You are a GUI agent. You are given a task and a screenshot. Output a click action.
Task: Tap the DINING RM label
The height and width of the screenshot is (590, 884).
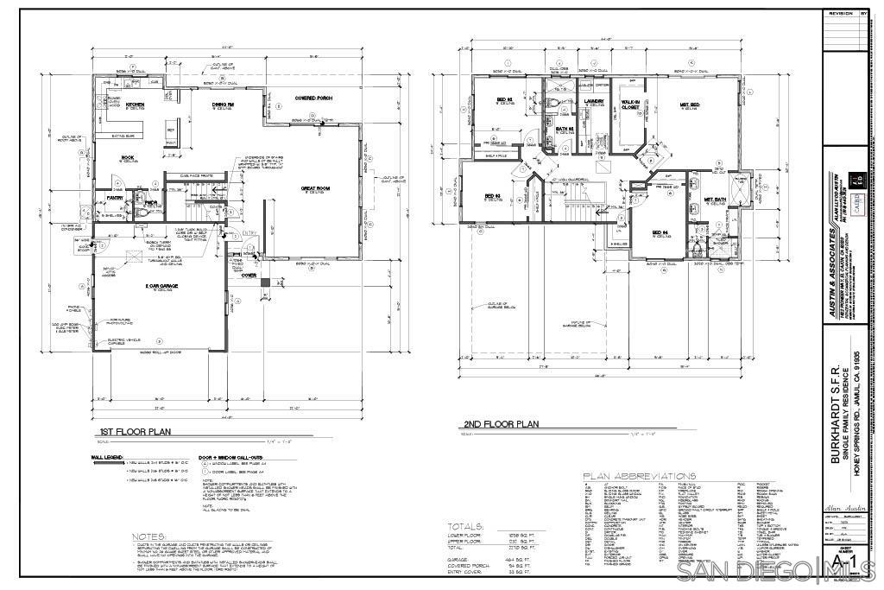pos(224,105)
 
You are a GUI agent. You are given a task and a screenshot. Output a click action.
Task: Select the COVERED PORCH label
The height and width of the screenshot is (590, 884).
pos(313,98)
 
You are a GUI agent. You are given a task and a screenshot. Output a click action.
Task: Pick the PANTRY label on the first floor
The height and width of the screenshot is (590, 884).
pos(116,198)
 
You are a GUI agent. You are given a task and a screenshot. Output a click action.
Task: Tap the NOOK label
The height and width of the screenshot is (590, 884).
pos(127,157)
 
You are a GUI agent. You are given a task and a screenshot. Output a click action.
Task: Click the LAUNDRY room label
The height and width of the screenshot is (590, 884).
pos(593,102)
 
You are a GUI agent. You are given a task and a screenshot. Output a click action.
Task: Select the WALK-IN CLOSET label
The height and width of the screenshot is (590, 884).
pos(629,106)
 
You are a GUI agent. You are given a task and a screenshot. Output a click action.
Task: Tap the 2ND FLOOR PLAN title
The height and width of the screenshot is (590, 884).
pos(501,424)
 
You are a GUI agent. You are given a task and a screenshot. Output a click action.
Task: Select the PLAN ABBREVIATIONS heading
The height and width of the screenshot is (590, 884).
pos(639,476)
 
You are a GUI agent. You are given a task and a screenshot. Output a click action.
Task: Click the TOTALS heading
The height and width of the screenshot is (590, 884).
pos(466,525)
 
